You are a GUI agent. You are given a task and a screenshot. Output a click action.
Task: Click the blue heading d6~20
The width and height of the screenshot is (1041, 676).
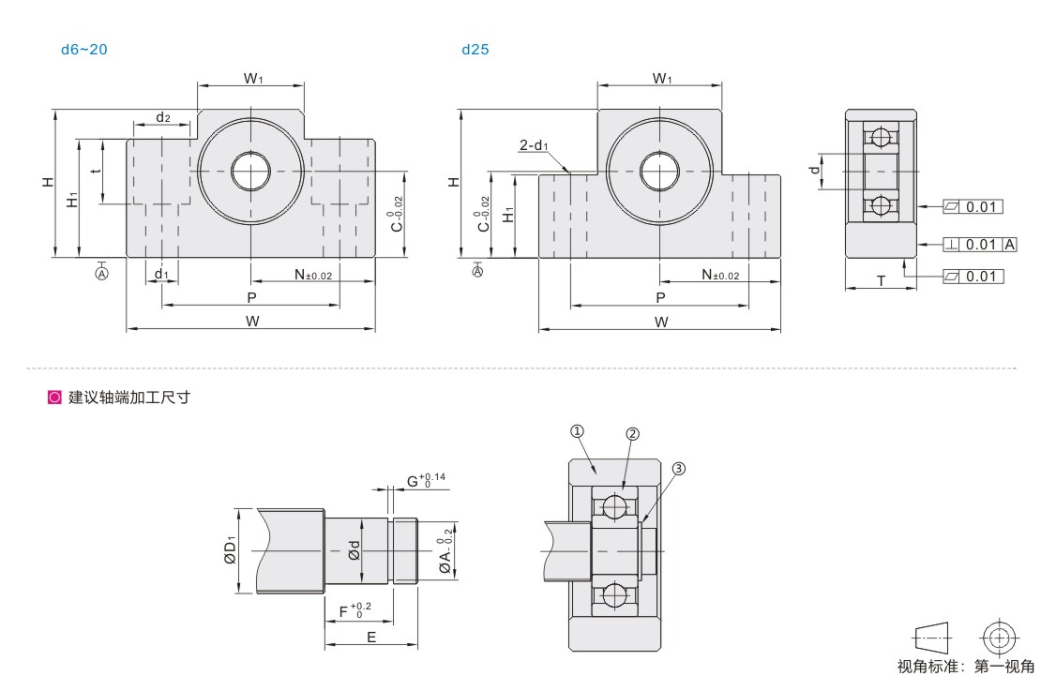[x=83, y=49]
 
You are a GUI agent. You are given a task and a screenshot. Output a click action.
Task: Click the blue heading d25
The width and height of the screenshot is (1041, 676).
[x=475, y=49]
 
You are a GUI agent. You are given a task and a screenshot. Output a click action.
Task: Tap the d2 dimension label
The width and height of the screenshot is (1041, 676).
[x=162, y=117]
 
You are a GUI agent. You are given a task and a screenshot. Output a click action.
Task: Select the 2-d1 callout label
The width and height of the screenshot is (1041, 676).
[x=534, y=144]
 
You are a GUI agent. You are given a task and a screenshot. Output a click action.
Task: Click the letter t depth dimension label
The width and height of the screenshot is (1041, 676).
[x=97, y=171]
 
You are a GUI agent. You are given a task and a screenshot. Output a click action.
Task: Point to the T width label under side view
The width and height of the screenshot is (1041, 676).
[x=881, y=281]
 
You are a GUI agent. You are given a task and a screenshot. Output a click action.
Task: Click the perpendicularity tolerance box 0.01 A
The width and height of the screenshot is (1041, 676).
[x=980, y=245]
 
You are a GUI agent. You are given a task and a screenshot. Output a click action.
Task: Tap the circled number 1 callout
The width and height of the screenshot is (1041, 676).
[x=577, y=431]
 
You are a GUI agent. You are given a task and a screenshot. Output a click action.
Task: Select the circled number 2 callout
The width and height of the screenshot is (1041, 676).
[x=632, y=433]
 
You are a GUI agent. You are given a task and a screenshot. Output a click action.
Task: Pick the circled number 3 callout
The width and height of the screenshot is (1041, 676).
[x=678, y=468]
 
